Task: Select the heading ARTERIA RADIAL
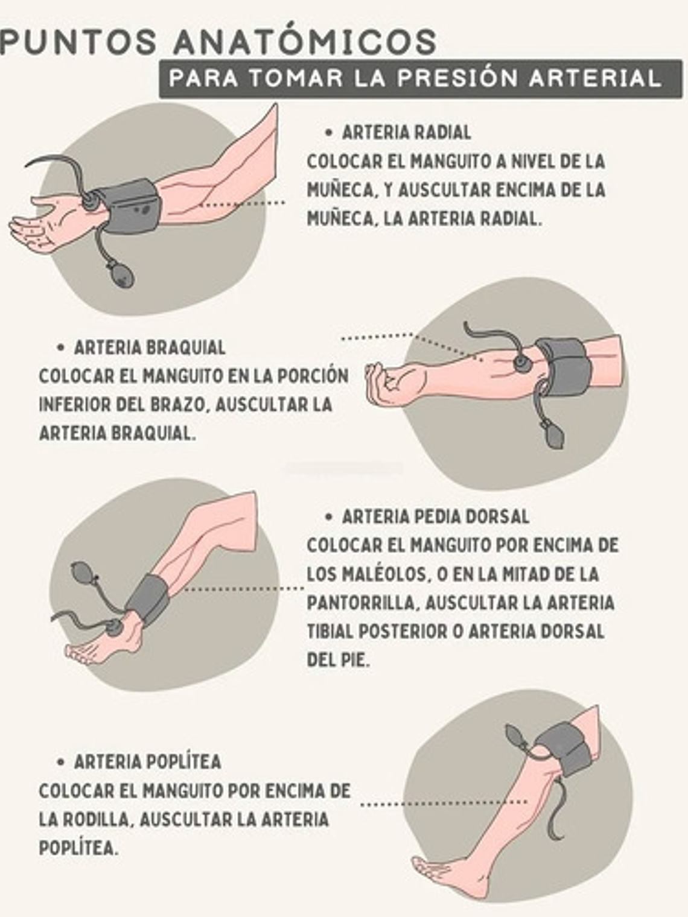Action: [x=406, y=133]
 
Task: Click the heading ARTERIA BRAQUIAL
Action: [x=150, y=348]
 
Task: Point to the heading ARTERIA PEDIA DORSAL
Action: [x=435, y=517]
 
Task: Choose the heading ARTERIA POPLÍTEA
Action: [x=147, y=762]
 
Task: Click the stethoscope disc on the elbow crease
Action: [x=520, y=362]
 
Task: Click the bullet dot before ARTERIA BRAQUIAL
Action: [x=60, y=348]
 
